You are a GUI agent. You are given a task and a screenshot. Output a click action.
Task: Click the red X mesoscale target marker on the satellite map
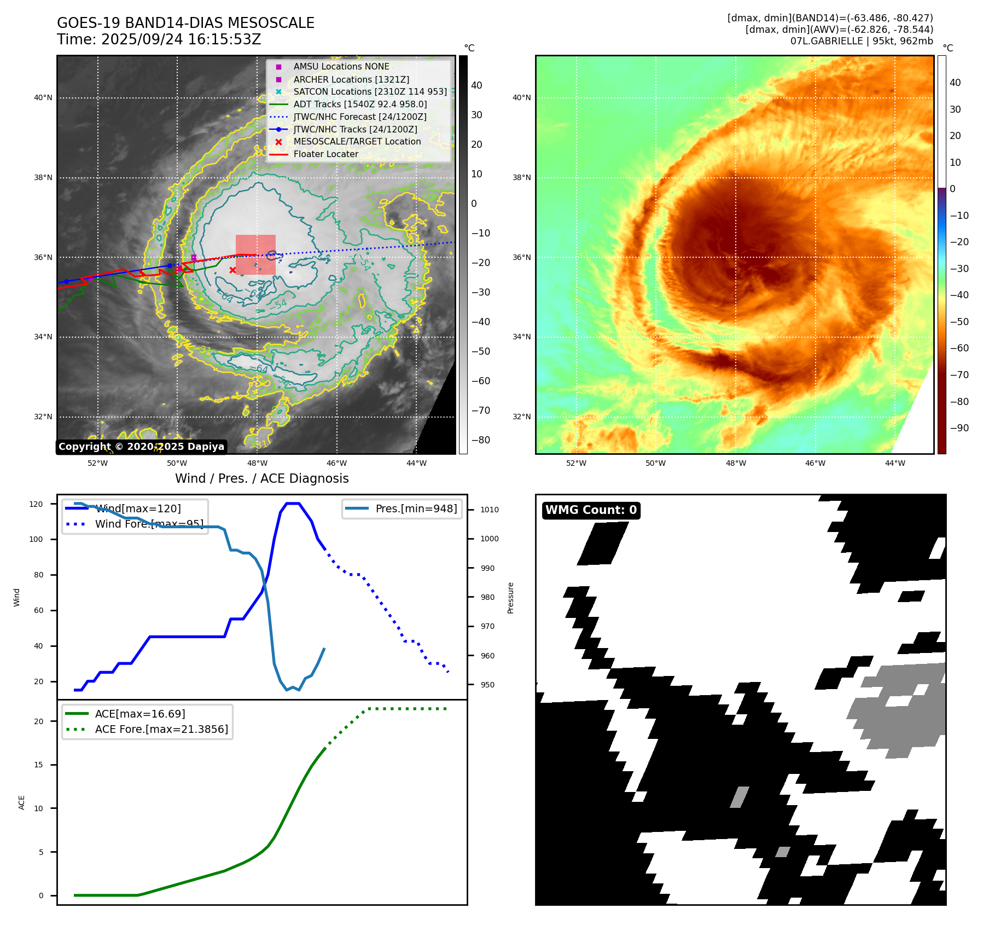232,270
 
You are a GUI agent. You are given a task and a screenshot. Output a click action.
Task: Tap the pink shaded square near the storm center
255,255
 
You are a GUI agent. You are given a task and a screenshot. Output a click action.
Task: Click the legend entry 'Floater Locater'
325,154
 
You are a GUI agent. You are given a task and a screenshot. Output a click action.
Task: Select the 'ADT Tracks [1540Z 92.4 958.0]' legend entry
360,104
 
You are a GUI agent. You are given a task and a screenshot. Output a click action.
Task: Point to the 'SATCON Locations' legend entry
370,91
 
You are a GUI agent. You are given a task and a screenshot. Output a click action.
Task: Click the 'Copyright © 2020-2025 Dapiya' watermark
141,447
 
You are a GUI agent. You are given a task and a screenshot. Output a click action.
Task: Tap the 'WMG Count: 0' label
591,510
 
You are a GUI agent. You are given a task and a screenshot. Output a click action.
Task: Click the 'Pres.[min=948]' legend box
402,508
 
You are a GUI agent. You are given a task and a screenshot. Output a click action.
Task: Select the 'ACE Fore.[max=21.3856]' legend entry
161,729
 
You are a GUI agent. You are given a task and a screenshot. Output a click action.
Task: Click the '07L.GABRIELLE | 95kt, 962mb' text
862,41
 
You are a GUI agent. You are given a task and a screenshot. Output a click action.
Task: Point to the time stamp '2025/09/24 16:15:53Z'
181,40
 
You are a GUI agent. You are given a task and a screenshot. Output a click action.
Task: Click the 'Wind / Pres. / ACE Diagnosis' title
261,478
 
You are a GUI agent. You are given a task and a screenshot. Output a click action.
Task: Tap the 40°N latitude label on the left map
43,98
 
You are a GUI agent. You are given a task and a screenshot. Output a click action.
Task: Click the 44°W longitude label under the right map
895,463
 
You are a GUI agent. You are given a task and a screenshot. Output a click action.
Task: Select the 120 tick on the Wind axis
36,504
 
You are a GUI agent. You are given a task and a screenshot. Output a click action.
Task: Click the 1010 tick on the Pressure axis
490,510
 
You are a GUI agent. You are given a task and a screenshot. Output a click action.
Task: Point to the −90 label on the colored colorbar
959,428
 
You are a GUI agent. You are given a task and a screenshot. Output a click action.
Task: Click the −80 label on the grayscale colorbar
480,440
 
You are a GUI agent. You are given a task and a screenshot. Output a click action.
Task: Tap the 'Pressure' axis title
510,598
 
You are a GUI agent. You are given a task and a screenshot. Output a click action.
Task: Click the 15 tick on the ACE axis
38,765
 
